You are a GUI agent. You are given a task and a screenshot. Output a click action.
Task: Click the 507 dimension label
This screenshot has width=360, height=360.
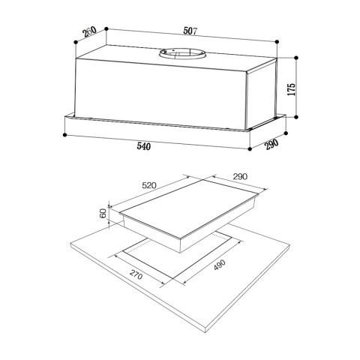190,31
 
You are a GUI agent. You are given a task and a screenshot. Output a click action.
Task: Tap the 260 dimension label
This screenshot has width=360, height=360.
90,31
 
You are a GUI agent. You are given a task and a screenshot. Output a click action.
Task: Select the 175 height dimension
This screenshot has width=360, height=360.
292,89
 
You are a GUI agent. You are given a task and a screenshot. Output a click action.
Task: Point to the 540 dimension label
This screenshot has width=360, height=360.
144,146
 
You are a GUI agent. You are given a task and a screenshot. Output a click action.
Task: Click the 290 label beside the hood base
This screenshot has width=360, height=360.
271,144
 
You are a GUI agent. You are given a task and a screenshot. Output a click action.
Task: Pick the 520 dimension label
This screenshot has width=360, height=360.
149,185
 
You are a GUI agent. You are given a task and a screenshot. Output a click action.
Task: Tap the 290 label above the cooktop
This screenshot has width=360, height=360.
240,177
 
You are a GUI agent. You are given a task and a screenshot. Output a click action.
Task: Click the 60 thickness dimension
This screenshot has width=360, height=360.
103,214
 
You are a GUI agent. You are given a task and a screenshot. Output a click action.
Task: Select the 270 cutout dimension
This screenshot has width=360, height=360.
136,275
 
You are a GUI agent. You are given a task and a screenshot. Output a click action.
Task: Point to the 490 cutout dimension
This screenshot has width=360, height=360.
220,265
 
